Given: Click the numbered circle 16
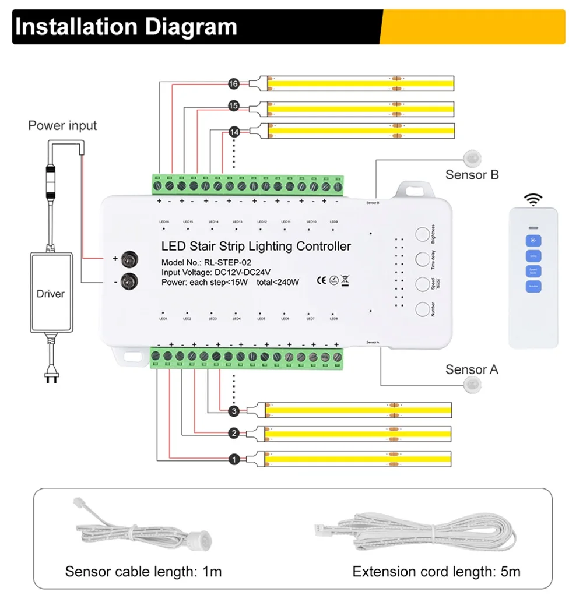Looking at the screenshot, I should [x=234, y=85].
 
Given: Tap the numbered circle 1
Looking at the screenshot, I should [x=234, y=460].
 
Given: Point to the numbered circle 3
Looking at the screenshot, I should [x=234, y=411].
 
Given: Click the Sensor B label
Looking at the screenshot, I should [x=472, y=174].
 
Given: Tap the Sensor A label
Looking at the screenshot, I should [x=472, y=369].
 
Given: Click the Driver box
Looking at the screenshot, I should [x=51, y=293].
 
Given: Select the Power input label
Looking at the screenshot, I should [x=62, y=125].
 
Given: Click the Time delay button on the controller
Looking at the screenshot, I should [x=423, y=259].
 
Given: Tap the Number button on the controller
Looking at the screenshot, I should [x=423, y=309].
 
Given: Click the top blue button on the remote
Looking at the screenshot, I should [x=533, y=241].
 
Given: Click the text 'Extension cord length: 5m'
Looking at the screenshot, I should [x=436, y=571].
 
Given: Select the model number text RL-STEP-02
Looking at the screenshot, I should [x=227, y=262].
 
